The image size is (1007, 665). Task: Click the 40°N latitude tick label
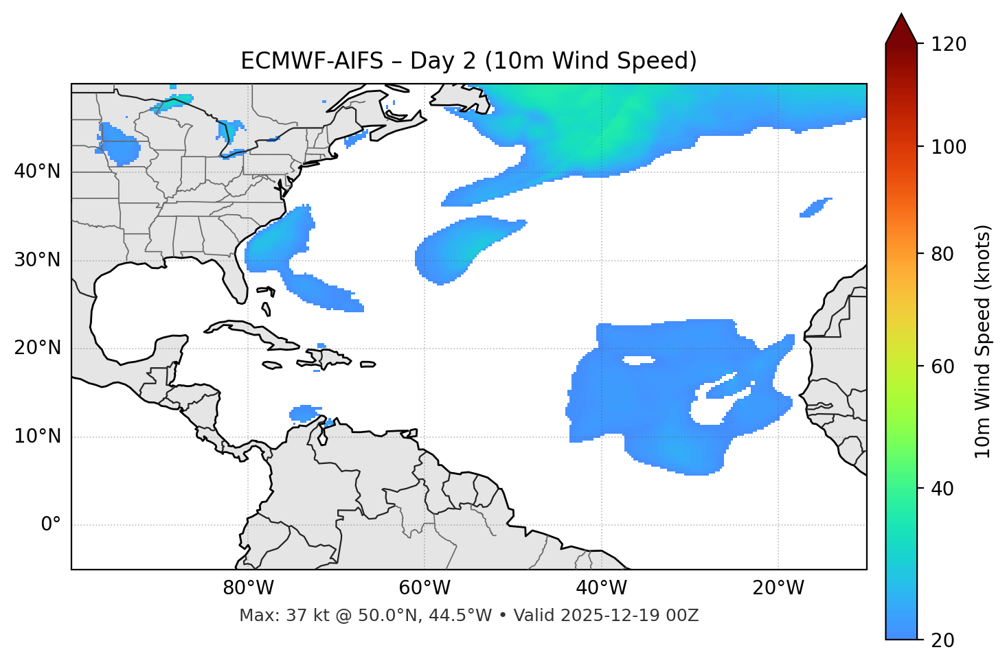coord(37,172)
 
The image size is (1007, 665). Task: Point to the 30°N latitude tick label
coord(37,260)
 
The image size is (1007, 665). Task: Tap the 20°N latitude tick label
coord(37,348)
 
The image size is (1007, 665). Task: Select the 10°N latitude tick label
coord(37,436)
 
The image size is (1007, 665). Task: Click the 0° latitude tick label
coord(51,525)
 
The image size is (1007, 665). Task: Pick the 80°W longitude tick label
coord(248,588)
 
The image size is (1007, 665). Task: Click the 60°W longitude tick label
coord(425,588)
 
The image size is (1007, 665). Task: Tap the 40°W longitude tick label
coord(601,588)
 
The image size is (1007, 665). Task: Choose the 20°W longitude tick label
coord(778,588)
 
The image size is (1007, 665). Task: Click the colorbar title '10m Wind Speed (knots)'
coord(983,341)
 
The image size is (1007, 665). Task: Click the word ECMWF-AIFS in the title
coord(312,61)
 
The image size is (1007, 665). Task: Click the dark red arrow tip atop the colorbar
coord(901,27)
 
